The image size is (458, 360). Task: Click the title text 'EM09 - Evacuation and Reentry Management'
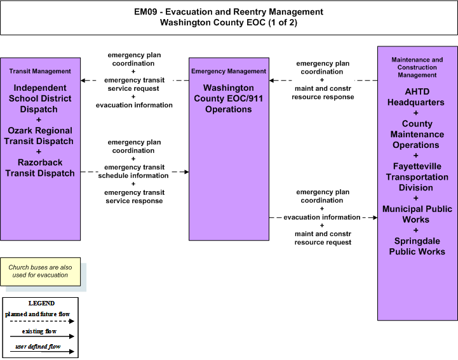click(229, 11)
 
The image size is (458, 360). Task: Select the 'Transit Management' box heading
click(40, 71)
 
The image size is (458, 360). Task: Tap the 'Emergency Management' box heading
click(229, 71)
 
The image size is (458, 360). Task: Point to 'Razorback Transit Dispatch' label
click(40, 168)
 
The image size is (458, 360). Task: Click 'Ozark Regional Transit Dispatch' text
click(39, 136)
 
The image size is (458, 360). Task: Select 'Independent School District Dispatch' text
click(40, 98)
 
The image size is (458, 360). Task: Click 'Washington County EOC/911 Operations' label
click(229, 98)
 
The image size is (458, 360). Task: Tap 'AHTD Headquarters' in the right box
click(416, 97)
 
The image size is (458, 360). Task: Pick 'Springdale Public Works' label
click(417, 246)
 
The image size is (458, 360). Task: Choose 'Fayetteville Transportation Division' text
click(417, 177)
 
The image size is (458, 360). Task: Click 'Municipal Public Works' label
click(417, 215)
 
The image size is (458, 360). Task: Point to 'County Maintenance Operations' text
click(417, 135)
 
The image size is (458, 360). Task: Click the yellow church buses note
click(40, 272)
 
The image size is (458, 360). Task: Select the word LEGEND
click(41, 303)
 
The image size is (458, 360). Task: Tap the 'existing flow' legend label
click(39, 331)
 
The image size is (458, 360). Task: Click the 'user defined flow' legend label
click(38, 347)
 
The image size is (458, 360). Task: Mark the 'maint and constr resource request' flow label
click(323, 238)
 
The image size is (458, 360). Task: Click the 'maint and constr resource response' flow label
click(323, 93)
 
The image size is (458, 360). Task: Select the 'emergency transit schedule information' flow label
click(134, 171)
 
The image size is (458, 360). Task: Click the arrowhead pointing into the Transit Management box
click(83, 80)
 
